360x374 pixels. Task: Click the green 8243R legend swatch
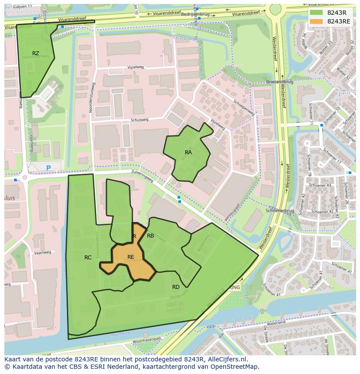(317, 13)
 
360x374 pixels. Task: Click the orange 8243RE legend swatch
(317, 21)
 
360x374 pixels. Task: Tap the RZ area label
(36, 53)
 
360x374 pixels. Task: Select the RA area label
(188, 152)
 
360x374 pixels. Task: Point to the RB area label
(150, 236)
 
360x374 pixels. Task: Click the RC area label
(88, 258)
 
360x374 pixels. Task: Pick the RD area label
(176, 287)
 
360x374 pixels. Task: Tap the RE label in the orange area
(130, 257)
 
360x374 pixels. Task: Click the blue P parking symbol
(48, 168)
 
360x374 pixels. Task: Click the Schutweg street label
(139, 121)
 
